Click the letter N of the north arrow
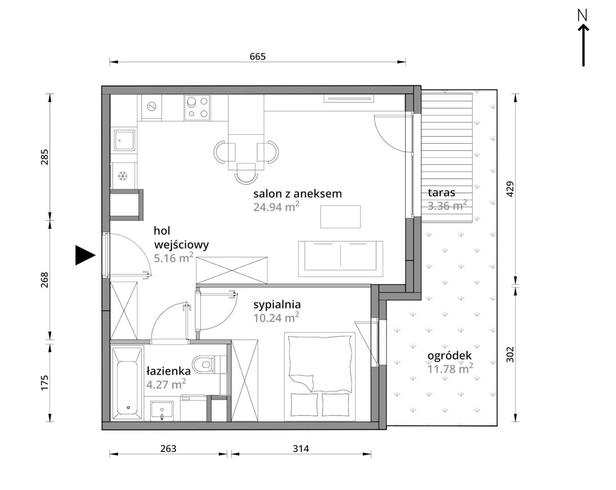tap(583, 15)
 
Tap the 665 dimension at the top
tap(258, 57)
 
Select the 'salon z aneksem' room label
tap(298, 194)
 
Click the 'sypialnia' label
tap(277, 305)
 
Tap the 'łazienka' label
tap(168, 371)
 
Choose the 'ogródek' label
tap(449, 356)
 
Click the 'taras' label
tap(441, 193)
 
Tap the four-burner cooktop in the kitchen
tap(197, 108)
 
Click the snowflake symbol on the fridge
tap(123, 176)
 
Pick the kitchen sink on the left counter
tap(124, 140)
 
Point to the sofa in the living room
tap(340, 259)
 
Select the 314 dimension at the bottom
tap(301, 449)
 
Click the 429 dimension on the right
tap(510, 189)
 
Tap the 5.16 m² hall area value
tap(173, 258)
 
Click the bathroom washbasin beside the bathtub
tap(162, 411)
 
